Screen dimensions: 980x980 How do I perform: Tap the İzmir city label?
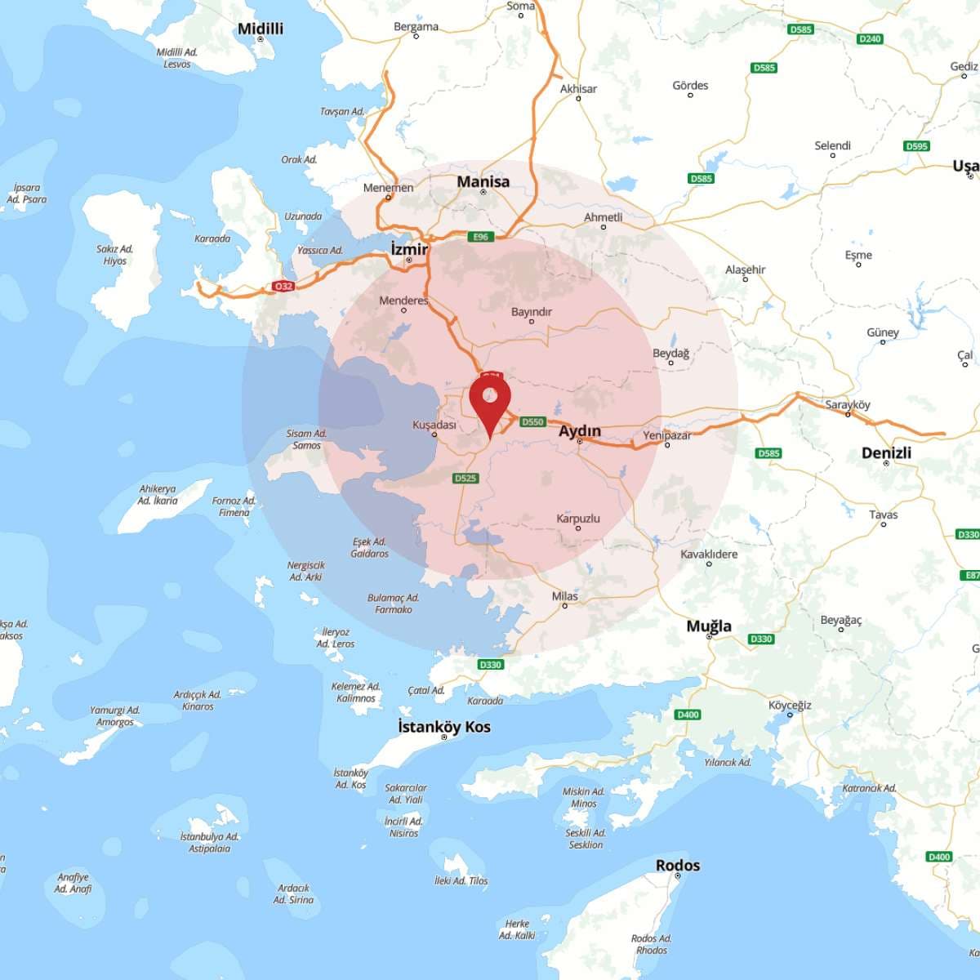pyautogui.click(x=409, y=248)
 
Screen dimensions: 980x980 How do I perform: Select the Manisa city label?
pyautogui.click(x=483, y=181)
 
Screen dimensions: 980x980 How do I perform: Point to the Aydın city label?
pyautogui.click(x=580, y=430)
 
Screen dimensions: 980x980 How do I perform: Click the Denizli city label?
pyautogui.click(x=886, y=452)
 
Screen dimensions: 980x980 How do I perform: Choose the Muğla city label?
pyautogui.click(x=709, y=626)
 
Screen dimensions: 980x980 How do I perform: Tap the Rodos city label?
pyautogui.click(x=678, y=865)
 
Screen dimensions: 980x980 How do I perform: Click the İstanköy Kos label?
pyautogui.click(x=444, y=726)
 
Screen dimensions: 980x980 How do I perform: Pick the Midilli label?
pyautogui.click(x=261, y=29)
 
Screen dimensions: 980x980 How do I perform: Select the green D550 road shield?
pyautogui.click(x=532, y=421)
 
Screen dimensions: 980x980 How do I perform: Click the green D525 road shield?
pyautogui.click(x=465, y=478)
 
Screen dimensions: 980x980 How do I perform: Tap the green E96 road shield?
pyautogui.click(x=480, y=237)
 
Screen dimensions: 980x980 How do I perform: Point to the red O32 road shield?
pyautogui.click(x=283, y=287)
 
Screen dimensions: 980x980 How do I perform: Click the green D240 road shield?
pyautogui.click(x=870, y=38)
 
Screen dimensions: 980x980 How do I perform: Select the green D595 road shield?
pyautogui.click(x=917, y=146)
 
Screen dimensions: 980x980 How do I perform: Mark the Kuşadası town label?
pyautogui.click(x=434, y=425)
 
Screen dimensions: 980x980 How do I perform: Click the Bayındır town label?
pyautogui.click(x=532, y=312)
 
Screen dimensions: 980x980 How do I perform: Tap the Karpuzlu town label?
pyautogui.click(x=578, y=519)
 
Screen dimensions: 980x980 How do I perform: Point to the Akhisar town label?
pyautogui.click(x=578, y=88)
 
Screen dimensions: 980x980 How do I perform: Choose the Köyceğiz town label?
pyautogui.click(x=790, y=705)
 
